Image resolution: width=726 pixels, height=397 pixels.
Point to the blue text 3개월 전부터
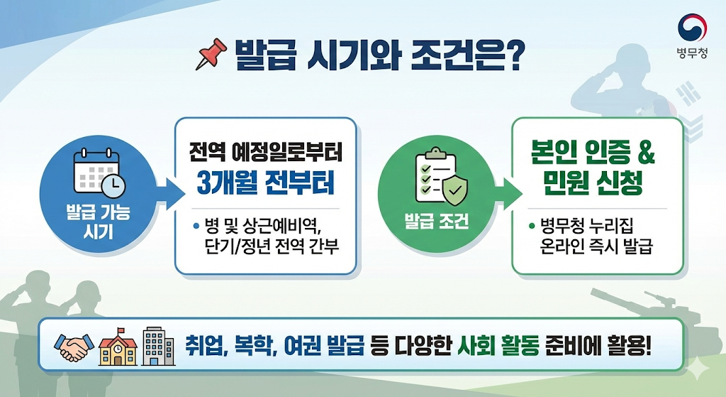point(265,184)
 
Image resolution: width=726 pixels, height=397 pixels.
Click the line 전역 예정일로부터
point(265,152)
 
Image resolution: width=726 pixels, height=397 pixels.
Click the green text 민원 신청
point(594,185)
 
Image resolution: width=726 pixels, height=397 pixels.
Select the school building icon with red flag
point(117,346)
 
